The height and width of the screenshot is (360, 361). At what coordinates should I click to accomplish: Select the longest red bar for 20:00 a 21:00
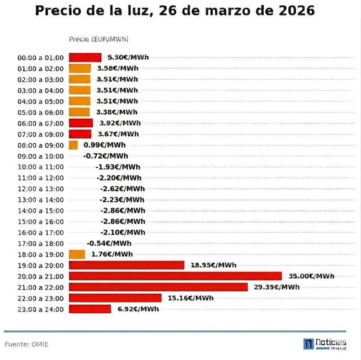[x=175, y=276]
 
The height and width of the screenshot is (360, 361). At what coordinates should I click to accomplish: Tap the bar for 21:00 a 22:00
[x=158, y=287]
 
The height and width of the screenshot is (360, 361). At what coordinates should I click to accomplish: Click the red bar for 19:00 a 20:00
[x=126, y=265]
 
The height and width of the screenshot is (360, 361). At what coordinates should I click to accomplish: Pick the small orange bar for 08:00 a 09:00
[x=73, y=145]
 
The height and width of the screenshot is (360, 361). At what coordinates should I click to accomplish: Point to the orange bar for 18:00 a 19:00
[x=77, y=254]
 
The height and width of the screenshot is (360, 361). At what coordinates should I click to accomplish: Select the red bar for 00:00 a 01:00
[x=85, y=58]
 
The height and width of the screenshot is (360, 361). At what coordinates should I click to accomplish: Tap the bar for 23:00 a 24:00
[x=90, y=309]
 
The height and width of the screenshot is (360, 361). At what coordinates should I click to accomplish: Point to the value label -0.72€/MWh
[x=106, y=156]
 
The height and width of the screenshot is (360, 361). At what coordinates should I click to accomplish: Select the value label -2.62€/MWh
[x=122, y=189]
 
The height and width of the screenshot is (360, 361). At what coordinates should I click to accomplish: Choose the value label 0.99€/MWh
[x=104, y=145]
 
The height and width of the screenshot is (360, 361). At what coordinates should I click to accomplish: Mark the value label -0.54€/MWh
[x=109, y=243]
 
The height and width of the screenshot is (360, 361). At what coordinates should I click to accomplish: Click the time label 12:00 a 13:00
[x=41, y=189]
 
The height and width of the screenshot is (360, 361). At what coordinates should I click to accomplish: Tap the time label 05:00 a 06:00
[x=41, y=112]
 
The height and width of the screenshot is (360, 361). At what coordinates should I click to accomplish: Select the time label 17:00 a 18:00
[x=41, y=243]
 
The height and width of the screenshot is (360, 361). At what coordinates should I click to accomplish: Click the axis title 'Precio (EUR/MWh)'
[x=99, y=39]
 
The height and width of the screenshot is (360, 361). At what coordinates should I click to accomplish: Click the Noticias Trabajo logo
[x=325, y=344]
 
